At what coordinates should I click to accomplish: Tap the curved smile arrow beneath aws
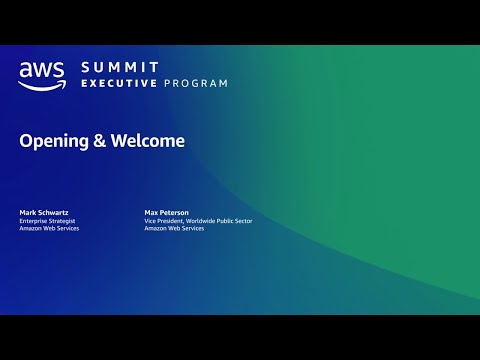[42, 85]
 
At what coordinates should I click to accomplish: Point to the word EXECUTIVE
[119, 83]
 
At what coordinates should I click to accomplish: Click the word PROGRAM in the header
[196, 83]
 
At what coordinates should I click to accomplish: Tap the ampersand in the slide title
[100, 141]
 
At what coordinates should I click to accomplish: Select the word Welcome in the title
[147, 141]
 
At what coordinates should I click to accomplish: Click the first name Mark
[28, 212]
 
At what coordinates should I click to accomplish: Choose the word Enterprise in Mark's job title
[36, 220]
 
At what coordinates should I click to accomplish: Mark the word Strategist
[67, 220]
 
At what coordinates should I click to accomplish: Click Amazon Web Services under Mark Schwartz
[49, 228]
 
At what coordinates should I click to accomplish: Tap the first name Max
[151, 212]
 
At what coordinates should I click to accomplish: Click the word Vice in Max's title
[151, 220]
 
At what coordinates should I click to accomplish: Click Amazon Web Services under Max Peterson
[173, 228]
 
